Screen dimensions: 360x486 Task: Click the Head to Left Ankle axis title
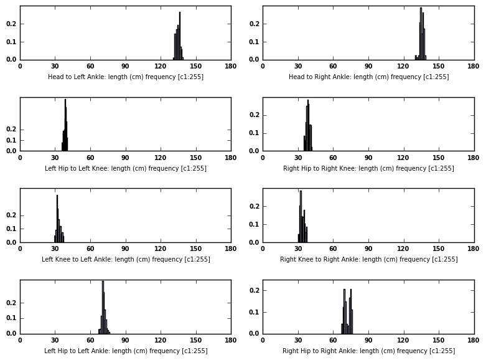[126, 77]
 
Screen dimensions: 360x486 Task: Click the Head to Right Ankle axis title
[368, 77]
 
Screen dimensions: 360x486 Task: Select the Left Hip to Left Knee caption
[126, 168]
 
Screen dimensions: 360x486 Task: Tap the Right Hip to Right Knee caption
[368, 168]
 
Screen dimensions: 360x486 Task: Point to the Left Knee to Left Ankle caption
[126, 259]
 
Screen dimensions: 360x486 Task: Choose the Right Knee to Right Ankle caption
[368, 259]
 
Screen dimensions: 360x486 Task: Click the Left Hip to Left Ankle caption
[126, 351]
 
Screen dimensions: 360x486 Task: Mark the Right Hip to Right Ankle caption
[368, 351]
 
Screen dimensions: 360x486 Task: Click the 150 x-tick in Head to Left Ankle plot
[196, 66]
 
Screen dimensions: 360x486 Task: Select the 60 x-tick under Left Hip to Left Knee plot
[90, 157]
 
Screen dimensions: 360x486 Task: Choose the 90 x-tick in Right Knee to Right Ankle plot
[368, 249]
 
